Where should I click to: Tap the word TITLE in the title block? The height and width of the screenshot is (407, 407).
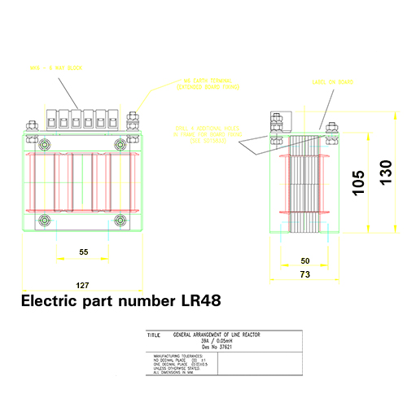pos(153,335)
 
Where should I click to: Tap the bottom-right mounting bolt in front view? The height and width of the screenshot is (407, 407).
pos(120,220)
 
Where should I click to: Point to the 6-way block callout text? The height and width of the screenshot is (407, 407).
pos(57,68)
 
